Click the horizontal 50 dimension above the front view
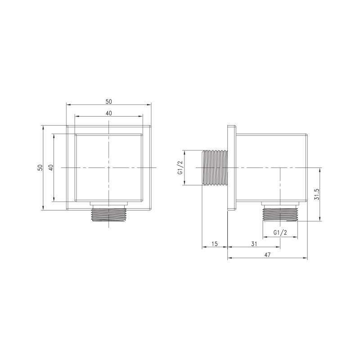pos(109,101)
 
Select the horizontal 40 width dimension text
pos(109,113)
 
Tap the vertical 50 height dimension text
pos(40,167)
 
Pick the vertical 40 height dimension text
pos(51,167)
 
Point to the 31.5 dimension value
pos(317,194)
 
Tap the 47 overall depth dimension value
pos(267,255)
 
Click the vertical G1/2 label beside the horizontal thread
pos(180,167)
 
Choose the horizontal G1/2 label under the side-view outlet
pos(280,232)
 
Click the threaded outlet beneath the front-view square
pos(109,215)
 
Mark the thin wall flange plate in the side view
pos(231,167)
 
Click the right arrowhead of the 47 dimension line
pos(306,258)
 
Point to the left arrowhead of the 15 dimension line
pos(202,247)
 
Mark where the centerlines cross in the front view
pos(109,167)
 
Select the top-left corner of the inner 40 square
pos(75,134)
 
